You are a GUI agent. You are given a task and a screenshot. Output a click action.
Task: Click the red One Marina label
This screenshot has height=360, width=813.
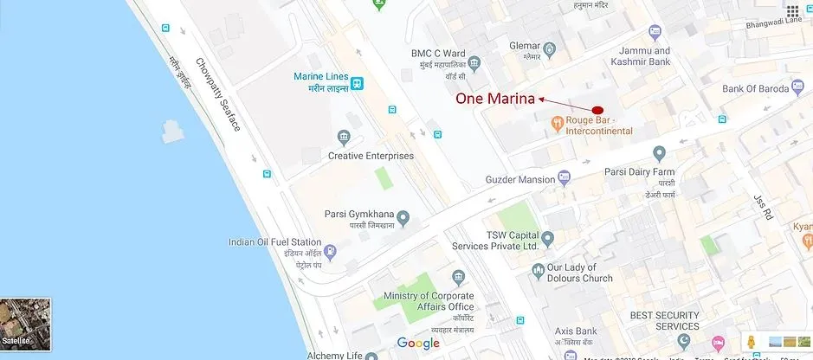[495, 99]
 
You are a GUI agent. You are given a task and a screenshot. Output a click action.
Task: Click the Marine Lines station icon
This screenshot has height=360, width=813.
[357, 84]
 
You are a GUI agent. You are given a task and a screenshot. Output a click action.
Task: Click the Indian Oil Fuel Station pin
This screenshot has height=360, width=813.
[330, 253]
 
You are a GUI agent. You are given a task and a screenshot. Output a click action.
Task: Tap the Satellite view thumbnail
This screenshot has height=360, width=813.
[25, 324]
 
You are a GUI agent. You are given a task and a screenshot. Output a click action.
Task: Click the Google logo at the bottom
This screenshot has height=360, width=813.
[418, 344]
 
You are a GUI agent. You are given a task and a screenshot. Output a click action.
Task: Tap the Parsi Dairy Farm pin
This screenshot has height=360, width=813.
[659, 154]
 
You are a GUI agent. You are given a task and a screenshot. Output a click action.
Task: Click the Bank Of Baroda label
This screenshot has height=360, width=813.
[757, 88]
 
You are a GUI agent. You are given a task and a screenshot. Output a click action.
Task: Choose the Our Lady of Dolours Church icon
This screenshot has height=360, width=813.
[538, 272]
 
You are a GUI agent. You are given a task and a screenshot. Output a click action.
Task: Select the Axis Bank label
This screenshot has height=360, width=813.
[576, 331]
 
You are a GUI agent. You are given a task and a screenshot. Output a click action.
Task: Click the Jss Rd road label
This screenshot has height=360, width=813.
[762, 207]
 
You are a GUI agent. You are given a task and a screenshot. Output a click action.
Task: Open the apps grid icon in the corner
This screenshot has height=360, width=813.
[792, 11]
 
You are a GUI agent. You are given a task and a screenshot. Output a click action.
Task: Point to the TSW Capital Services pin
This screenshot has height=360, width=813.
[547, 236]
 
